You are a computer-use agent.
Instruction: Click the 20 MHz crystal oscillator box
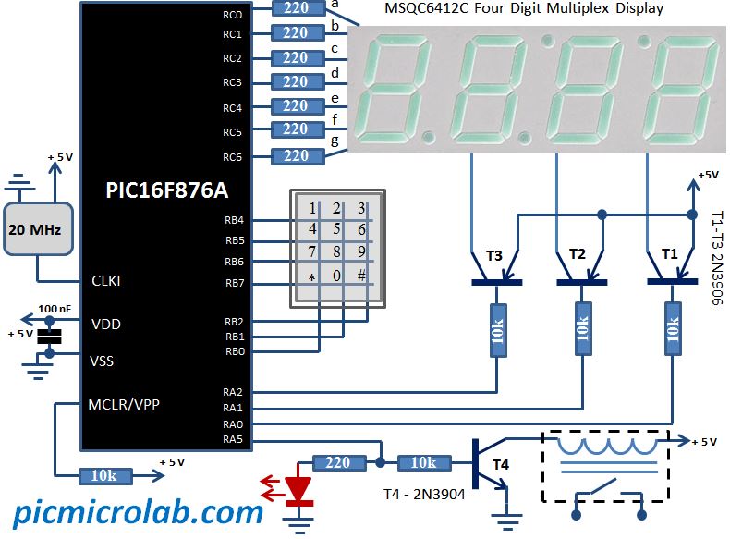pyautogui.click(x=35, y=229)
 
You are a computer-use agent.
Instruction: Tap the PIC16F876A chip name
pyautogui.click(x=165, y=191)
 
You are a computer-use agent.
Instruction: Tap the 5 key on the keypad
pyautogui.click(x=337, y=229)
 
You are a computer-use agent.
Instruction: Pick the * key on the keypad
pyautogui.click(x=312, y=276)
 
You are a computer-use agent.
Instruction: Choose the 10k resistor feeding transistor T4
pyautogui.click(x=423, y=462)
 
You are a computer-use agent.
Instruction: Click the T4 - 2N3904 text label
pyautogui.click(x=424, y=495)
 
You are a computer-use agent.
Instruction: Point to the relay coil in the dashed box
pyautogui.click(x=607, y=447)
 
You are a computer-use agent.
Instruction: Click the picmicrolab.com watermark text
pyautogui.click(x=138, y=511)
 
